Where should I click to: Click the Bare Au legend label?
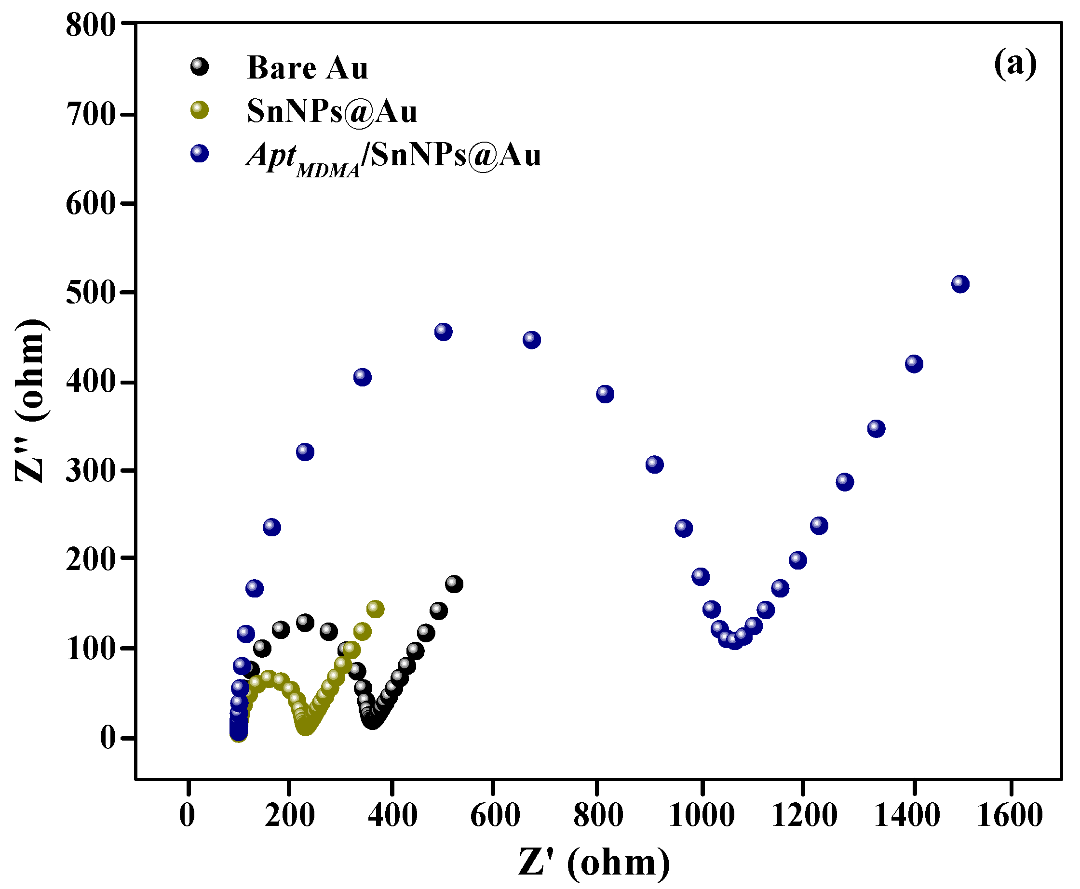coord(308,67)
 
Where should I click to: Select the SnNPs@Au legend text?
coord(332,111)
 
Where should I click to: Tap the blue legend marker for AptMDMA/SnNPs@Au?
coord(199,153)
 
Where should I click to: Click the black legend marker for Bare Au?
coord(199,66)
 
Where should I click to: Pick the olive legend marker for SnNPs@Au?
coord(199,109)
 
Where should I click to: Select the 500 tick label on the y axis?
coord(91,293)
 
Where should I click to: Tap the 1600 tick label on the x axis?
coord(1009,814)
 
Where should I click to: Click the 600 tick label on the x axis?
coord(494,814)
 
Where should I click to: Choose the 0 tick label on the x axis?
coord(188,814)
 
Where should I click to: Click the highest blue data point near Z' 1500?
coord(960,284)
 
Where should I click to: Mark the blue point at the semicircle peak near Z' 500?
coord(443,332)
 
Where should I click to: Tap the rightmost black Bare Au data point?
coord(454,584)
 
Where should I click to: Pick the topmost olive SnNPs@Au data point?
coord(375,609)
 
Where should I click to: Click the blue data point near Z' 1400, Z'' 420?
coord(914,364)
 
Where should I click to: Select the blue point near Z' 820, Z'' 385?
coord(605,394)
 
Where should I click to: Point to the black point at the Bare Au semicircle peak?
coord(305,623)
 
